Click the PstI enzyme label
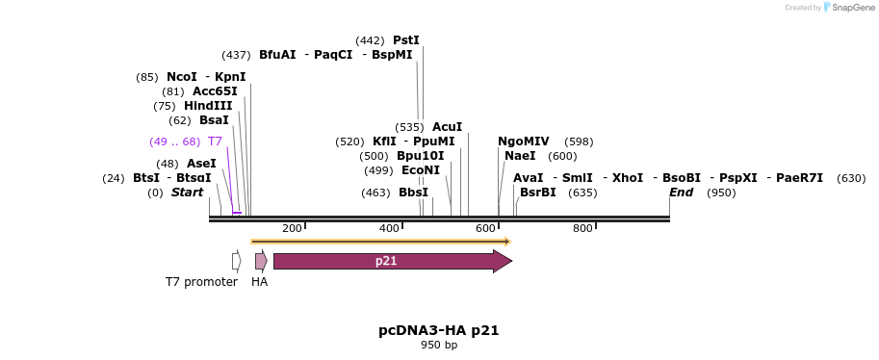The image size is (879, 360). [405, 40]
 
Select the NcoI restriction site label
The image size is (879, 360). [181, 77]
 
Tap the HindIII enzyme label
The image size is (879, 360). [208, 106]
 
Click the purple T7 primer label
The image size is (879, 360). [215, 141]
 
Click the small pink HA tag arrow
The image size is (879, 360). [260, 261]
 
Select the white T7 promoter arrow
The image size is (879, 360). [236, 261]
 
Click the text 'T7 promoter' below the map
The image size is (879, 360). [201, 282]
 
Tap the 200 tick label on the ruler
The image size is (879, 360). [292, 228]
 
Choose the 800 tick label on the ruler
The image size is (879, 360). [582, 228]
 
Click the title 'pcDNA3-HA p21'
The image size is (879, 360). [438, 330]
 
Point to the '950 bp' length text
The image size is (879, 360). [439, 345]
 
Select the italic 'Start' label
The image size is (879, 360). [187, 193]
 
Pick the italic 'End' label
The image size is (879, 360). [682, 193]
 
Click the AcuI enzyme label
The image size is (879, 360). [447, 127]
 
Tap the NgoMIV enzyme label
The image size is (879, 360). [523, 141]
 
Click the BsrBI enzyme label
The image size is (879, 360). [537, 193]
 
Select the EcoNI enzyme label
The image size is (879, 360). [420, 170]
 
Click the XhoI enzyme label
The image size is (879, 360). [627, 178]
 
